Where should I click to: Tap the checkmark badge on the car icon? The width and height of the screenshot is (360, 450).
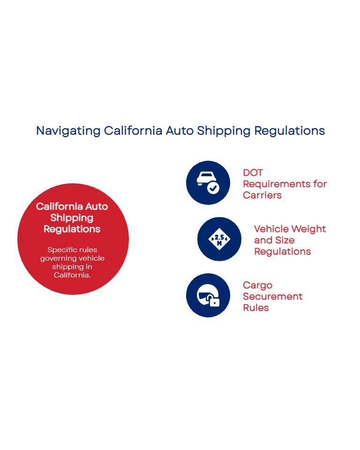(213, 188)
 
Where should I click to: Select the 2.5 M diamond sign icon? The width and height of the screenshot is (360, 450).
(219, 239)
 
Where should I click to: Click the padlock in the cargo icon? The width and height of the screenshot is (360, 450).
(214, 301)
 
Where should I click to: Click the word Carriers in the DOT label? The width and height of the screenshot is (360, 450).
(262, 194)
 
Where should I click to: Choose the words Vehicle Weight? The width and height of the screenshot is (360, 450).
(289, 229)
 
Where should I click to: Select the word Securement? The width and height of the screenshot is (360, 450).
(272, 296)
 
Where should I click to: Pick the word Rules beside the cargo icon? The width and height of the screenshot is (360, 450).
(255, 307)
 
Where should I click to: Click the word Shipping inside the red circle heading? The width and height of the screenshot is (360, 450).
(72, 217)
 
